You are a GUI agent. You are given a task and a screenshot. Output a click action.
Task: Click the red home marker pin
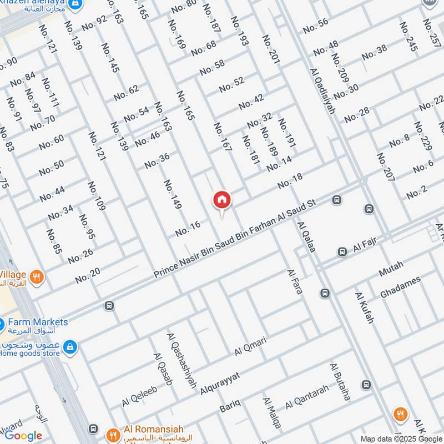point(222,200)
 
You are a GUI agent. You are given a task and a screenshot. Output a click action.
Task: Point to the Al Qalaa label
point(306,237)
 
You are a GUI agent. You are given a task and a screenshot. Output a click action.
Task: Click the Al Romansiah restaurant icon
point(113,434)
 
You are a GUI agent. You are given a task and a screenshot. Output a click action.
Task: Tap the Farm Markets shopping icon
point(2,324)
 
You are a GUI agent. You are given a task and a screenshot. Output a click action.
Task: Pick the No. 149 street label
point(173,194)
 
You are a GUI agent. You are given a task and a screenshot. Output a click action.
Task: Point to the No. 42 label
point(251,102)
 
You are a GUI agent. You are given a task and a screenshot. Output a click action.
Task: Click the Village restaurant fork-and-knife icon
point(37,276)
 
